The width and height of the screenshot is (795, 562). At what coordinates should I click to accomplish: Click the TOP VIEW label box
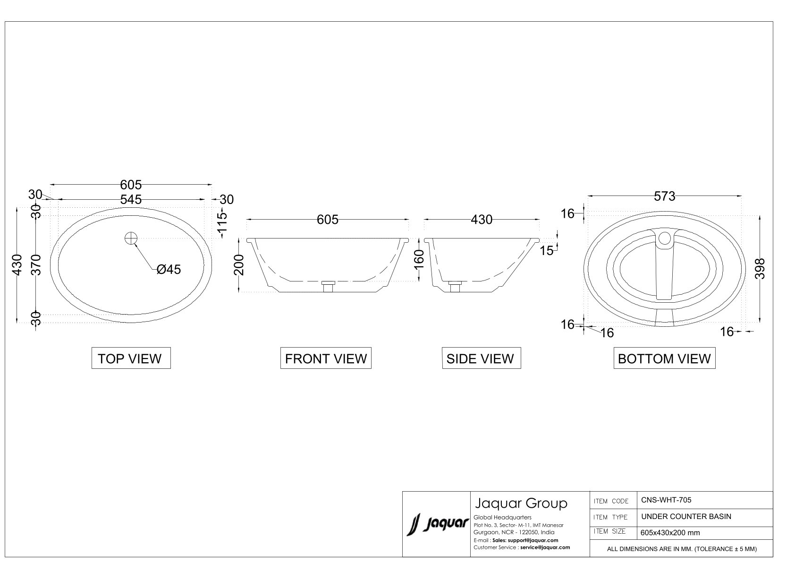pyautogui.click(x=131, y=358)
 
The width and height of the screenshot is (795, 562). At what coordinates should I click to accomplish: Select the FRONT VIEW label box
pyautogui.click(x=326, y=358)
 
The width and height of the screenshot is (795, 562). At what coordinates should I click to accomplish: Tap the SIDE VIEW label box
pyautogui.click(x=481, y=358)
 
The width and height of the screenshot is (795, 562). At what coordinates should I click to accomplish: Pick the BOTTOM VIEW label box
pyautogui.click(x=664, y=358)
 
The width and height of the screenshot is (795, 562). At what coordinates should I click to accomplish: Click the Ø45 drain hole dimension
pyautogui.click(x=169, y=270)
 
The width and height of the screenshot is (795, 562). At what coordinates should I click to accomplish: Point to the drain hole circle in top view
pyautogui.click(x=131, y=238)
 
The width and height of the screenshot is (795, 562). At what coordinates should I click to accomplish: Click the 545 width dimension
pyautogui.click(x=131, y=199)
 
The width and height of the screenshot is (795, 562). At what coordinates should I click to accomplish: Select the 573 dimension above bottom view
pyautogui.click(x=664, y=196)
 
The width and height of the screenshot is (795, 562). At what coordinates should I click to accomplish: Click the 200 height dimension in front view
pyautogui.click(x=239, y=265)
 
